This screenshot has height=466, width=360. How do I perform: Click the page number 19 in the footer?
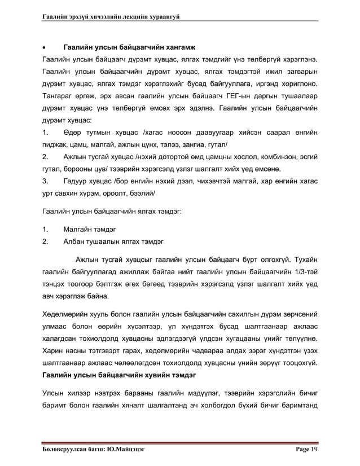pos(313,449)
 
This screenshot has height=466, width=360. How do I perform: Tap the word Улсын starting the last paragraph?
pos(54,393)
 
